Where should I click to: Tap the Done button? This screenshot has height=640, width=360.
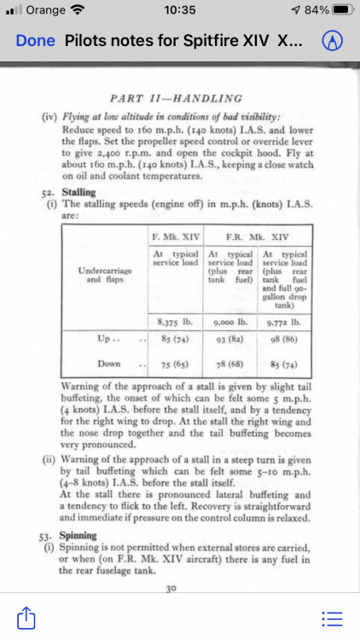click(x=35, y=41)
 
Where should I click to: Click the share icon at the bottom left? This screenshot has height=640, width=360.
click(x=26, y=615)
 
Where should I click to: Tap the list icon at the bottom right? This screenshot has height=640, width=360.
click(x=332, y=616)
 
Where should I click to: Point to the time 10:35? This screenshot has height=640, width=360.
click(x=179, y=10)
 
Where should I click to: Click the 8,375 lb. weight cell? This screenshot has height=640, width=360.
click(x=174, y=323)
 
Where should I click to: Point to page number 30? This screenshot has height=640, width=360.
click(x=177, y=588)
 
